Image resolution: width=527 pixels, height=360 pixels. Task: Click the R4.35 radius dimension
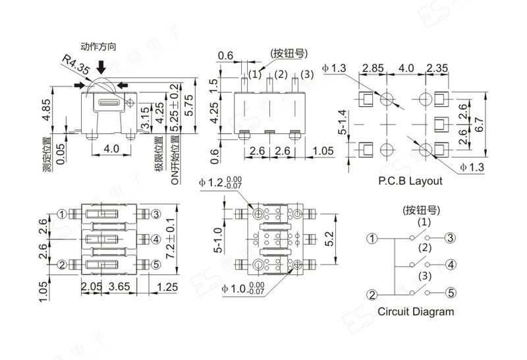pos(76,65)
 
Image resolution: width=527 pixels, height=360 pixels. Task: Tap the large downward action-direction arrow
pos(101,67)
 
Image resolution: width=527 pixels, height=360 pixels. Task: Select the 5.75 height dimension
pos(189,105)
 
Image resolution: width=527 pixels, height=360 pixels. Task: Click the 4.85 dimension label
pos(46,109)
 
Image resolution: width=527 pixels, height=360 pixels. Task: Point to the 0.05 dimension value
pos(61,154)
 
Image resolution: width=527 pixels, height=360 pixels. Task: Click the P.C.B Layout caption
pos(410,181)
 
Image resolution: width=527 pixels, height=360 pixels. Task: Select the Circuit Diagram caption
pos(416,312)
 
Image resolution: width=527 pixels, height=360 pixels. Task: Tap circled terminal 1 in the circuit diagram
pos(372,239)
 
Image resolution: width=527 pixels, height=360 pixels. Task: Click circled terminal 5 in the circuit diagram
pos(451,293)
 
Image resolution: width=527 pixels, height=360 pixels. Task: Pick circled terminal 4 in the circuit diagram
pos(451,264)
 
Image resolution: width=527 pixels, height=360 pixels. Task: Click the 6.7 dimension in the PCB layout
pos(480,125)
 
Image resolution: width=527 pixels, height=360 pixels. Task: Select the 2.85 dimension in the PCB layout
pos(373,69)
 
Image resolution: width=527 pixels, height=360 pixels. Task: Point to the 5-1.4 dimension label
pos(342,122)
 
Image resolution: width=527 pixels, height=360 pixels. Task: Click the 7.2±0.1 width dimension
pos(171,239)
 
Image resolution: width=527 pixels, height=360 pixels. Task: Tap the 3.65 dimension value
pos(119,287)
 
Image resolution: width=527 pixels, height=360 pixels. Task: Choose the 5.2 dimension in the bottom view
pos(330,239)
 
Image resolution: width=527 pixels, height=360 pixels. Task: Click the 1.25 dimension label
pos(167,287)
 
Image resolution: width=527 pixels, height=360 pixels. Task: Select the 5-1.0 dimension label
pos(218,240)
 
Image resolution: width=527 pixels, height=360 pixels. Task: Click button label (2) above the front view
pos(281,75)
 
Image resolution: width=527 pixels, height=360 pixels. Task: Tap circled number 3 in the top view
pos(156,214)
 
